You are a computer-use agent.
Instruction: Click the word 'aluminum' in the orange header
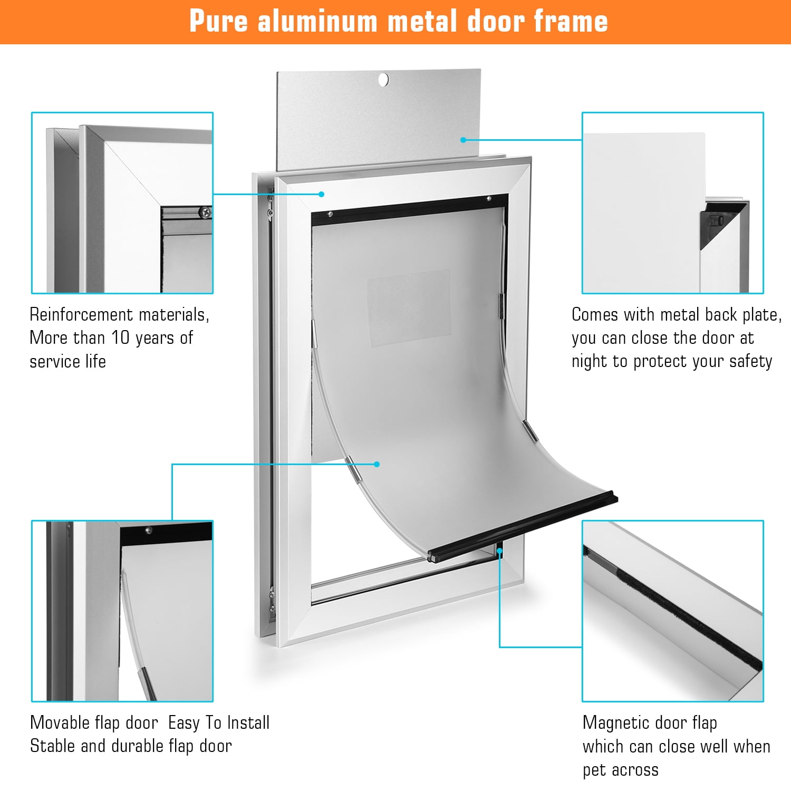(317, 21)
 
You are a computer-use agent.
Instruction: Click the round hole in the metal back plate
(383, 80)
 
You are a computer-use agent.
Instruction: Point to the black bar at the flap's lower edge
(523, 526)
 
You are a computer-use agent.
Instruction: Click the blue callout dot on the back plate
(463, 140)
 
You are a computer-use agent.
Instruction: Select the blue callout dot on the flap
(377, 464)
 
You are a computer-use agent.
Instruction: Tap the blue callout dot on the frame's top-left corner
(321, 194)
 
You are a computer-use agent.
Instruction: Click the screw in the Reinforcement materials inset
(205, 213)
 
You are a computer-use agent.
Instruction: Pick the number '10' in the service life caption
(120, 337)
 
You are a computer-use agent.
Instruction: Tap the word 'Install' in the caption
(249, 722)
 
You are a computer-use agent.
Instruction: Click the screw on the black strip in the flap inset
(149, 530)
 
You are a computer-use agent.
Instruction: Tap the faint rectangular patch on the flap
(409, 308)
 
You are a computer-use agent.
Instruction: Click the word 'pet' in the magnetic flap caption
(594, 770)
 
